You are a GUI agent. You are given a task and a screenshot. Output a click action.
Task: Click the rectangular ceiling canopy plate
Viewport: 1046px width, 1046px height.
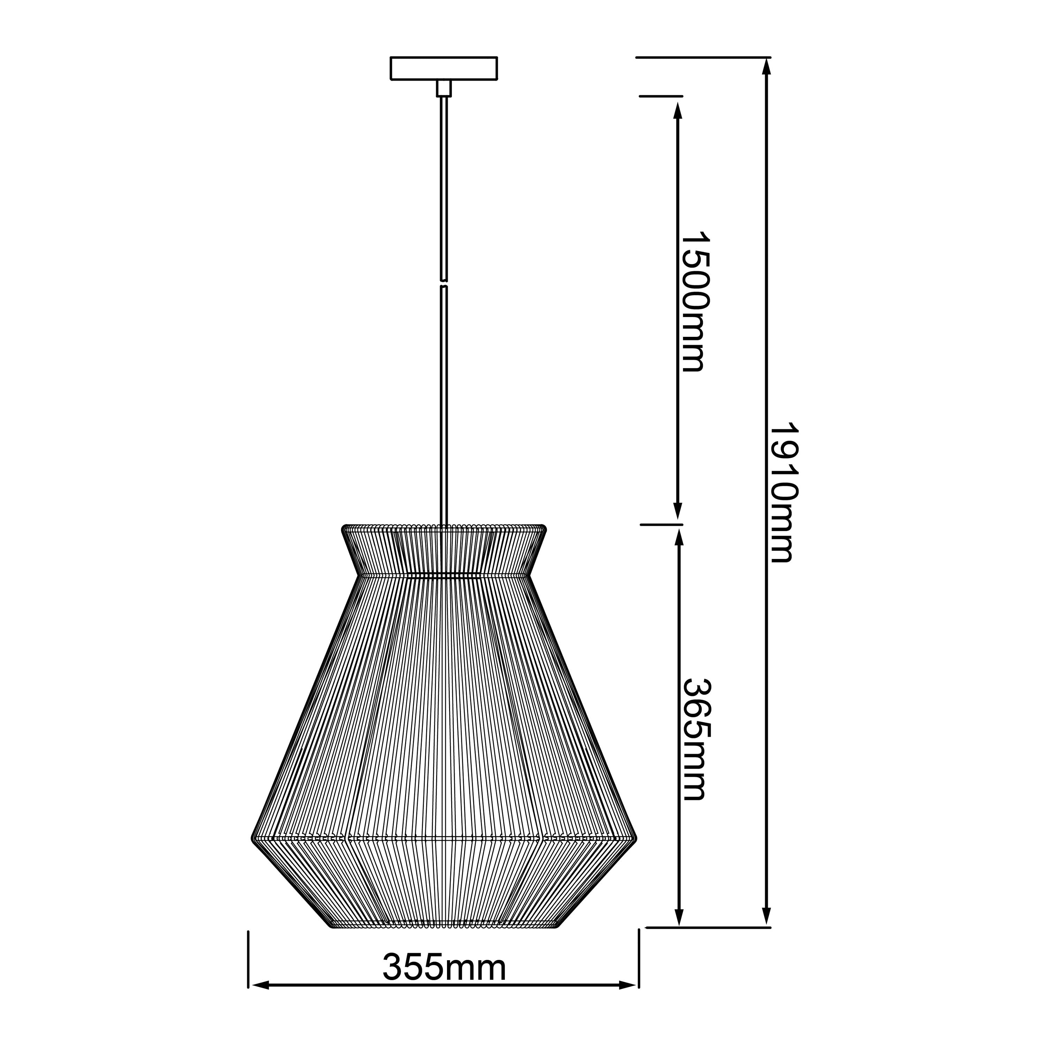444,68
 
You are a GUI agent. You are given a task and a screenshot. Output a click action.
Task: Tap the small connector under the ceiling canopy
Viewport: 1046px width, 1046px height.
444,88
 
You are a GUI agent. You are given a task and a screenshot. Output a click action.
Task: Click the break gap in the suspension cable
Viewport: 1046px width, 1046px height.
444,284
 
